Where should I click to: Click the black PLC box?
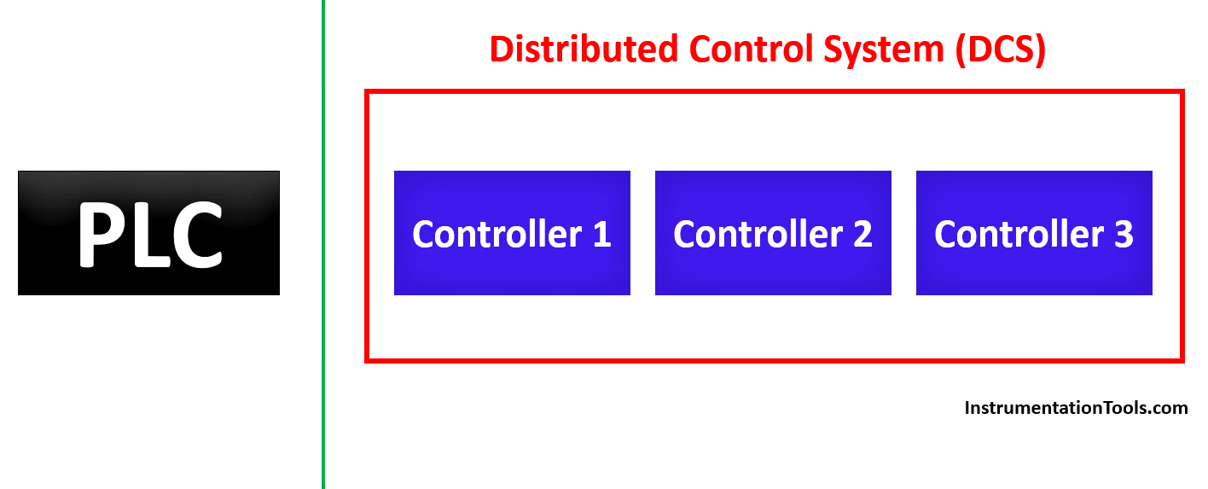point(148,233)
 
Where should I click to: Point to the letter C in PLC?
point(197,234)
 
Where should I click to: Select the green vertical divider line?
point(323,244)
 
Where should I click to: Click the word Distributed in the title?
point(584,49)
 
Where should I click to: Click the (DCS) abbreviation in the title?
point(1001,50)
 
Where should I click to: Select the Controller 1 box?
point(512,233)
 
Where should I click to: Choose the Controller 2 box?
point(773,233)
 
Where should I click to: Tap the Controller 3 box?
point(1034,233)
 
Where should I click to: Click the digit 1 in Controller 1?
point(601,234)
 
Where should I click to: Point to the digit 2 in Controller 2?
point(862,234)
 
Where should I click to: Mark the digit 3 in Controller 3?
point(1124,234)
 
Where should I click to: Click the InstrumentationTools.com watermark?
point(1076,408)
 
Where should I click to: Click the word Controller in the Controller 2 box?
point(758,234)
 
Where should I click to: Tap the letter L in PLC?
point(151,234)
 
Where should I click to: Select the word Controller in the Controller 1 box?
point(497,234)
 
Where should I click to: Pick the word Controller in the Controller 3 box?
point(1019,234)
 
